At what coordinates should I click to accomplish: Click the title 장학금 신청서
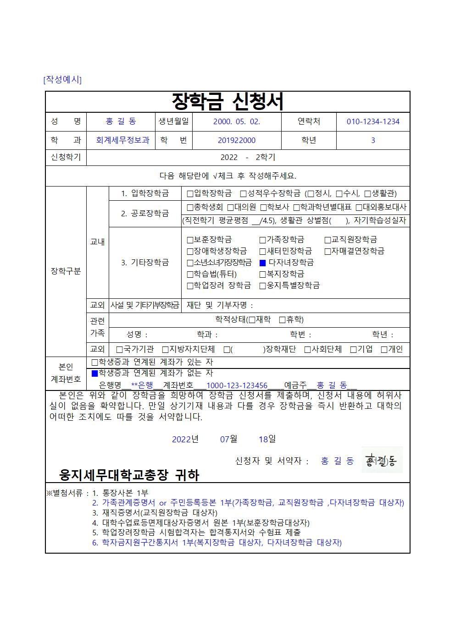[x=227, y=102]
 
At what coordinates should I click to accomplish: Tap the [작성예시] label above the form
[x=62, y=79]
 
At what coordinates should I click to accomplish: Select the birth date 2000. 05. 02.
[x=237, y=121]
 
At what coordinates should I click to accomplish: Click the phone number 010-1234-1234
[x=373, y=121]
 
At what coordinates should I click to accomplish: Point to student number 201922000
[x=237, y=140]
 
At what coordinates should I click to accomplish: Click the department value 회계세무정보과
[x=122, y=140]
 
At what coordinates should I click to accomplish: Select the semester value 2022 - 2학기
[x=248, y=157]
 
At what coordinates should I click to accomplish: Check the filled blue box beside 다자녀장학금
[x=263, y=263]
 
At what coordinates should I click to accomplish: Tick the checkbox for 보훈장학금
[x=190, y=240]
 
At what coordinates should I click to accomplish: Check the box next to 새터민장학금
[x=263, y=251]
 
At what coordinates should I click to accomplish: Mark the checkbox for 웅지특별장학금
[x=263, y=286]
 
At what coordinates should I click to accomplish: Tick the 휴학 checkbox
[x=283, y=319]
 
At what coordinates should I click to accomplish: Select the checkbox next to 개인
[x=384, y=349]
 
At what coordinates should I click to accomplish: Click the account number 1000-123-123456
[x=237, y=385]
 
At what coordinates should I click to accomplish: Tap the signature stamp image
[x=382, y=460]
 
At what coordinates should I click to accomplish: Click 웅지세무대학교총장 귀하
[x=129, y=475]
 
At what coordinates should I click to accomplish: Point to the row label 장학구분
[x=66, y=271]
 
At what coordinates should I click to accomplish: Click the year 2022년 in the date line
[x=185, y=439]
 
